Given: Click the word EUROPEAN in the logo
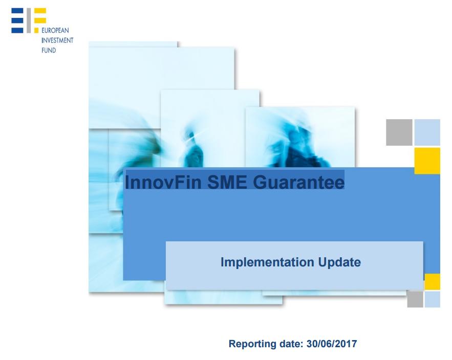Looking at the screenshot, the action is (x=55, y=31).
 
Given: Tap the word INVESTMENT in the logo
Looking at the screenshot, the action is (x=57, y=40).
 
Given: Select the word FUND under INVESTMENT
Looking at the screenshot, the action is (x=49, y=51).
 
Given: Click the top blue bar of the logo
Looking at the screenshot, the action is (x=17, y=11).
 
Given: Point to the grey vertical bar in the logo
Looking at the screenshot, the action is (x=29, y=20).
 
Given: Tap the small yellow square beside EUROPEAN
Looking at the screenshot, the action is (x=36, y=30).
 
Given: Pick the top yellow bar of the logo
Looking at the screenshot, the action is (x=40, y=11).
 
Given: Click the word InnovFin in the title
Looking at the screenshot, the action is (x=163, y=182).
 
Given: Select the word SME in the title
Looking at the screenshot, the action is (x=227, y=182).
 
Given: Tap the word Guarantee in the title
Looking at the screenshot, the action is (x=298, y=182).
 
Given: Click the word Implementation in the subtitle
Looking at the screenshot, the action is (x=267, y=262).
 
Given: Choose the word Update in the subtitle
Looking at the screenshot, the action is (x=339, y=262).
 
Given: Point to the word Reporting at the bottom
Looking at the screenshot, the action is (x=252, y=344).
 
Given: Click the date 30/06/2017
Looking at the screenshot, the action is (x=332, y=344).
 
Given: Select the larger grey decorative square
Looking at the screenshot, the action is (x=399, y=132).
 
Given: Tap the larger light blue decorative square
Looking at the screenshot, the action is (x=427, y=132).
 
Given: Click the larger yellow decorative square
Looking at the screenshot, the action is (x=427, y=161).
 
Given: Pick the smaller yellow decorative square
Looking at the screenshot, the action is (x=433, y=282).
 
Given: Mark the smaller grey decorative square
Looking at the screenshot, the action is (x=415, y=299).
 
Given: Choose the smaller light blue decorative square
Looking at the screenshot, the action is (x=433, y=299).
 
